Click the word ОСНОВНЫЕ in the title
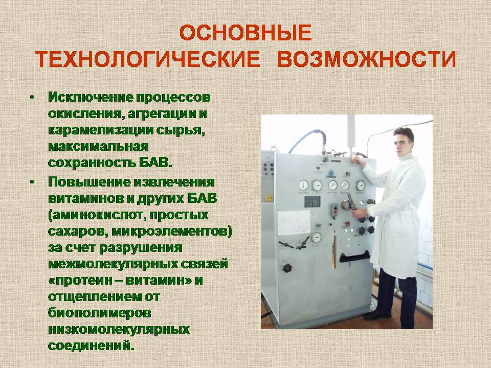pos(245,33)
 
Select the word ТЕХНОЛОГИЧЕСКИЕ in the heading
pos(147,59)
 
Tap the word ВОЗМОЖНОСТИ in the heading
pos(367,59)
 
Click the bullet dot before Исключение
pos(32,97)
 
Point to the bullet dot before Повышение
pos(32,182)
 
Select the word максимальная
pos(98,147)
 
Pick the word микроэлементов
pos(172,232)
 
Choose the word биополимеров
pos(100,313)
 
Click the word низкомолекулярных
pos(119,330)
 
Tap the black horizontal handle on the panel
pos(355,256)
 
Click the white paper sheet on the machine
pos(294,222)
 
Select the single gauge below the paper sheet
pos(316,237)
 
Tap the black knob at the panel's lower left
pos(287,268)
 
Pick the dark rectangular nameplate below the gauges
pos(313,202)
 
